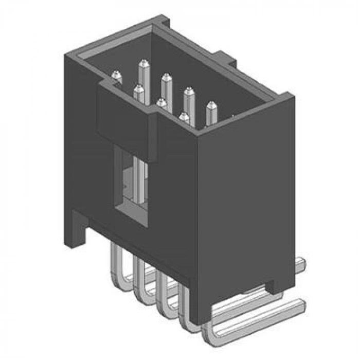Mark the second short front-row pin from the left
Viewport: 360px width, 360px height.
138,91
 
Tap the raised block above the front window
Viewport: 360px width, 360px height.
126,121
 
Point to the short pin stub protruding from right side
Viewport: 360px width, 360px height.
301,264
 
